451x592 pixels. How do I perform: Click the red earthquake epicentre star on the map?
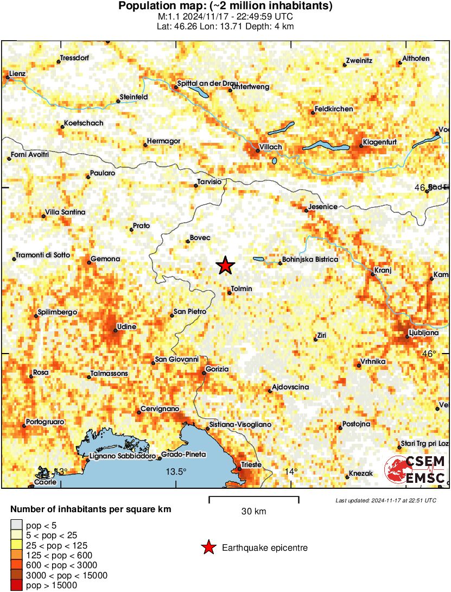tap(225, 266)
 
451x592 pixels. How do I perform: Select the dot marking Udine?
tap(115, 330)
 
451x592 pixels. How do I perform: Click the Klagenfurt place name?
tap(380, 142)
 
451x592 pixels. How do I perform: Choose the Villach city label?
tap(271, 147)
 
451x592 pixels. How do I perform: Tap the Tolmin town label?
tap(242, 289)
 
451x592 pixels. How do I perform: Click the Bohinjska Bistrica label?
tap(310, 260)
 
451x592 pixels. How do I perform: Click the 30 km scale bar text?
tap(253, 511)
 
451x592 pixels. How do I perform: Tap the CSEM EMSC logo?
tap(415, 470)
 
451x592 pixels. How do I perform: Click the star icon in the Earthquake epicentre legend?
tap(208, 548)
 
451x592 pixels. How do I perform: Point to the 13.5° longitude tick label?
tap(176, 471)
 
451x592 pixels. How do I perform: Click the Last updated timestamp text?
tap(385, 500)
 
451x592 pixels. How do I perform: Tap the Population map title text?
tap(225, 7)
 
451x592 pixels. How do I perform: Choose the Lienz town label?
tap(17, 73)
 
